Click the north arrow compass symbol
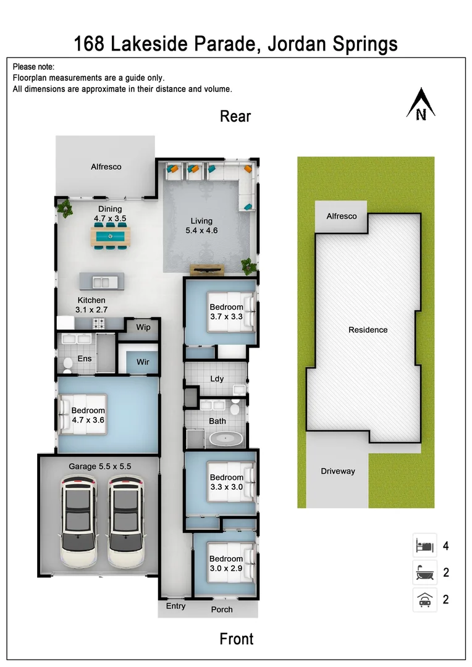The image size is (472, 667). tap(421, 104)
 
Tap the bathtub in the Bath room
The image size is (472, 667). tap(225, 439)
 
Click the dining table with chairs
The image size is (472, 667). tap(111, 236)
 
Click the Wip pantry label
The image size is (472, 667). tap(143, 327)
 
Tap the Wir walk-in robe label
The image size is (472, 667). tap(143, 362)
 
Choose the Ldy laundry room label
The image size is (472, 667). tap(217, 379)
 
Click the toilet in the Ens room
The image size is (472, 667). tap(67, 365)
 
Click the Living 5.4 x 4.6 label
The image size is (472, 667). tap(201, 225)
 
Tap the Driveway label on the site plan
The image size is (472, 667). tap(338, 471)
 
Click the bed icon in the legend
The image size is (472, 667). tap(424, 546)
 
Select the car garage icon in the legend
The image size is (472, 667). tap(424, 599)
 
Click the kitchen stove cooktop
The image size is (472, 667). tap(99, 322)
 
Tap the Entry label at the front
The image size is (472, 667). tap(175, 606)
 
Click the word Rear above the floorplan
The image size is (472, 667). tap(235, 116)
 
